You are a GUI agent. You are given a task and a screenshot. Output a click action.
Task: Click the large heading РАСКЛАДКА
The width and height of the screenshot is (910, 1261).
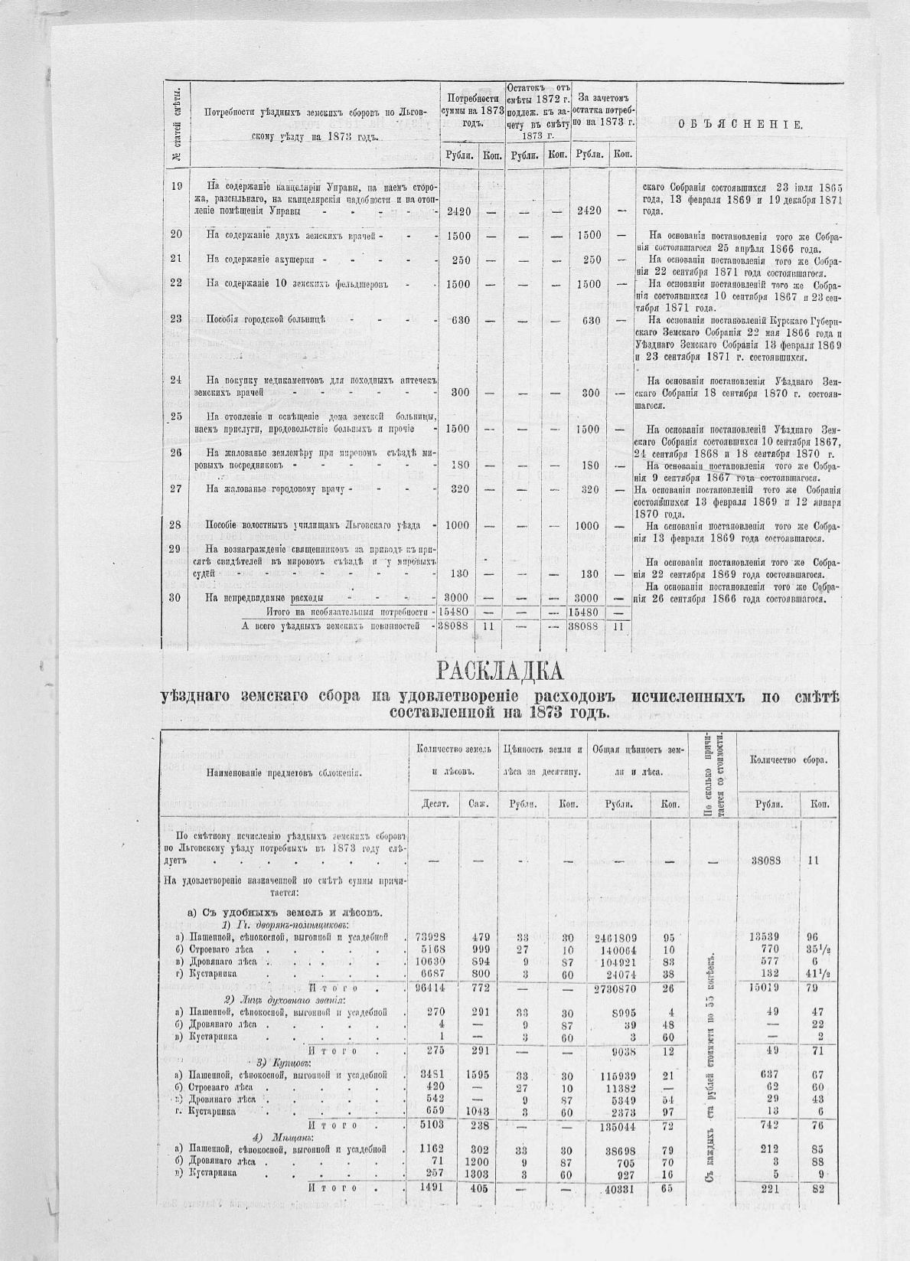click(x=500, y=672)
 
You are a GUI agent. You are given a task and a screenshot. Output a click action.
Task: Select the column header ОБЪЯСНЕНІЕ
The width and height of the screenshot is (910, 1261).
click(x=740, y=125)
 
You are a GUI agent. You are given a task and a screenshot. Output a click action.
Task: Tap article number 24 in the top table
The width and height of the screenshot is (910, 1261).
click(x=175, y=379)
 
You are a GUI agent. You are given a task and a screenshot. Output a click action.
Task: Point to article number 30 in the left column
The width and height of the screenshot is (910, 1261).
click(x=175, y=597)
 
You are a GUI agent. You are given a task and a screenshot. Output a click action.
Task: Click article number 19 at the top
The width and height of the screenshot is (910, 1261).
click(x=175, y=186)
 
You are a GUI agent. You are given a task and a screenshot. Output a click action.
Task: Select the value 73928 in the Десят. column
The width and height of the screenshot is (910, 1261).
click(x=431, y=937)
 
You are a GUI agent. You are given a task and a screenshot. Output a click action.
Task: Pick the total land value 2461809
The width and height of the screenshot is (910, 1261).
click(x=617, y=937)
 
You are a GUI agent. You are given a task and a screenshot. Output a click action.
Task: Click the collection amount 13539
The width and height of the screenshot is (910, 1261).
click(x=765, y=937)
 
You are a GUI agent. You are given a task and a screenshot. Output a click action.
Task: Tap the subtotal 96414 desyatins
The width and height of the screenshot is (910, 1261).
click(x=431, y=988)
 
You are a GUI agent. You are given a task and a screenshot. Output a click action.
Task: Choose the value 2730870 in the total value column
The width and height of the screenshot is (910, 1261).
click(x=617, y=988)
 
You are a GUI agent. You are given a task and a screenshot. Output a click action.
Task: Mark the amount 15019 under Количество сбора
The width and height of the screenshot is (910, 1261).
click(x=765, y=988)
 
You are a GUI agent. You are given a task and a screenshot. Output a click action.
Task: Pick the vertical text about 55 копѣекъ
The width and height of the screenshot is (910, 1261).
click(x=712, y=1057)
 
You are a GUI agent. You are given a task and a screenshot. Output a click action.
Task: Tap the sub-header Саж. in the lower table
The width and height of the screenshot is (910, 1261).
click(x=473, y=804)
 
